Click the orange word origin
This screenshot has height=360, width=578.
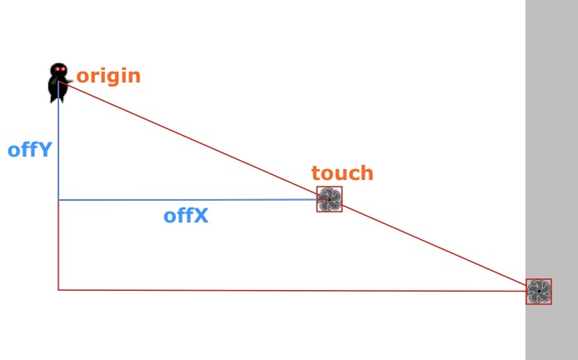(108, 77)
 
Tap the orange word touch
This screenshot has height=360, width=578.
(343, 172)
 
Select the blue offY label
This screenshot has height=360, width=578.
(30, 150)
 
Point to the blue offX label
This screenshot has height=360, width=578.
(186, 216)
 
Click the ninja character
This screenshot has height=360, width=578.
(58, 82)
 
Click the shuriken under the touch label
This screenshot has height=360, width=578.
(329, 199)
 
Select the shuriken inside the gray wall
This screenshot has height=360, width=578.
(539, 292)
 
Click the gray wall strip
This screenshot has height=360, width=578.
(551, 180)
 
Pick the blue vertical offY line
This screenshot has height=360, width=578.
(58, 141)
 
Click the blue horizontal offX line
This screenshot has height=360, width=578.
(188, 200)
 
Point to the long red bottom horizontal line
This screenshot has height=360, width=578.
(292, 291)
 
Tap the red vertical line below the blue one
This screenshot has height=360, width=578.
(58, 245)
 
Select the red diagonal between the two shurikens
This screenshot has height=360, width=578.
(435, 245)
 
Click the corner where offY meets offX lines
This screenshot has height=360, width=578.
(58, 200)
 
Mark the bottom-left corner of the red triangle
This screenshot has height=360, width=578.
(58, 290)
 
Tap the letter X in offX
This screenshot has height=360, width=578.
(201, 216)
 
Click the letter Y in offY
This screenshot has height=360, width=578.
(45, 150)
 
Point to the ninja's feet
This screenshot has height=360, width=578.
(58, 98)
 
